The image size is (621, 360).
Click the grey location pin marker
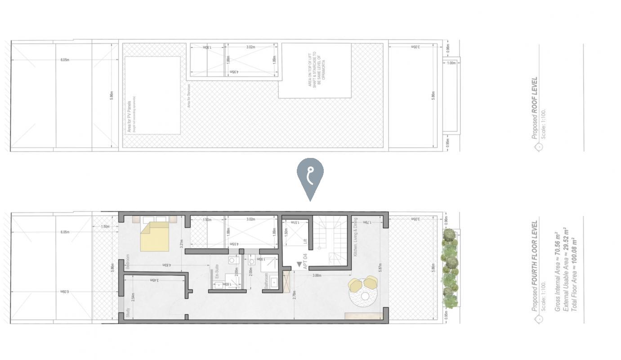click(310, 175)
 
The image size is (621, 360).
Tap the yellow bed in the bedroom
click(155, 236)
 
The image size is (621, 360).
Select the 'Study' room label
click(128, 313)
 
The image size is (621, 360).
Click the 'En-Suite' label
click(217, 272)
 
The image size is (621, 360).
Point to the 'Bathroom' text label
click(266, 281)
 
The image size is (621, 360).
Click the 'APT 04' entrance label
click(305, 261)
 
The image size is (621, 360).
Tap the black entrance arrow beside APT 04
click(299, 264)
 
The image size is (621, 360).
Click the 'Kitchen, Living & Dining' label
click(355, 237)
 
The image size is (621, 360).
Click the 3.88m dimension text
click(317, 275)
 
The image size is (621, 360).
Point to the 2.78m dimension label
click(294, 295)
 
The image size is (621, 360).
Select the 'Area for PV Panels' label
click(130, 117)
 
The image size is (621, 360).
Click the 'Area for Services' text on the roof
click(189, 95)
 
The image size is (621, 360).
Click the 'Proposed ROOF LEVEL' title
click(534, 108)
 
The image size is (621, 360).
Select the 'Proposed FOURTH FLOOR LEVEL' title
click(534, 265)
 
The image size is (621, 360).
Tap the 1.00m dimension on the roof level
click(451, 63)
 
